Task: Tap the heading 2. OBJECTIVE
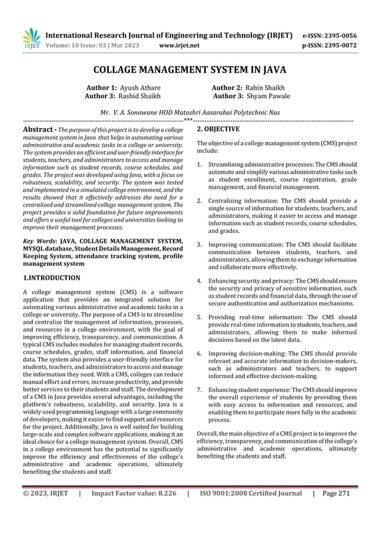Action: click(218, 129)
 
